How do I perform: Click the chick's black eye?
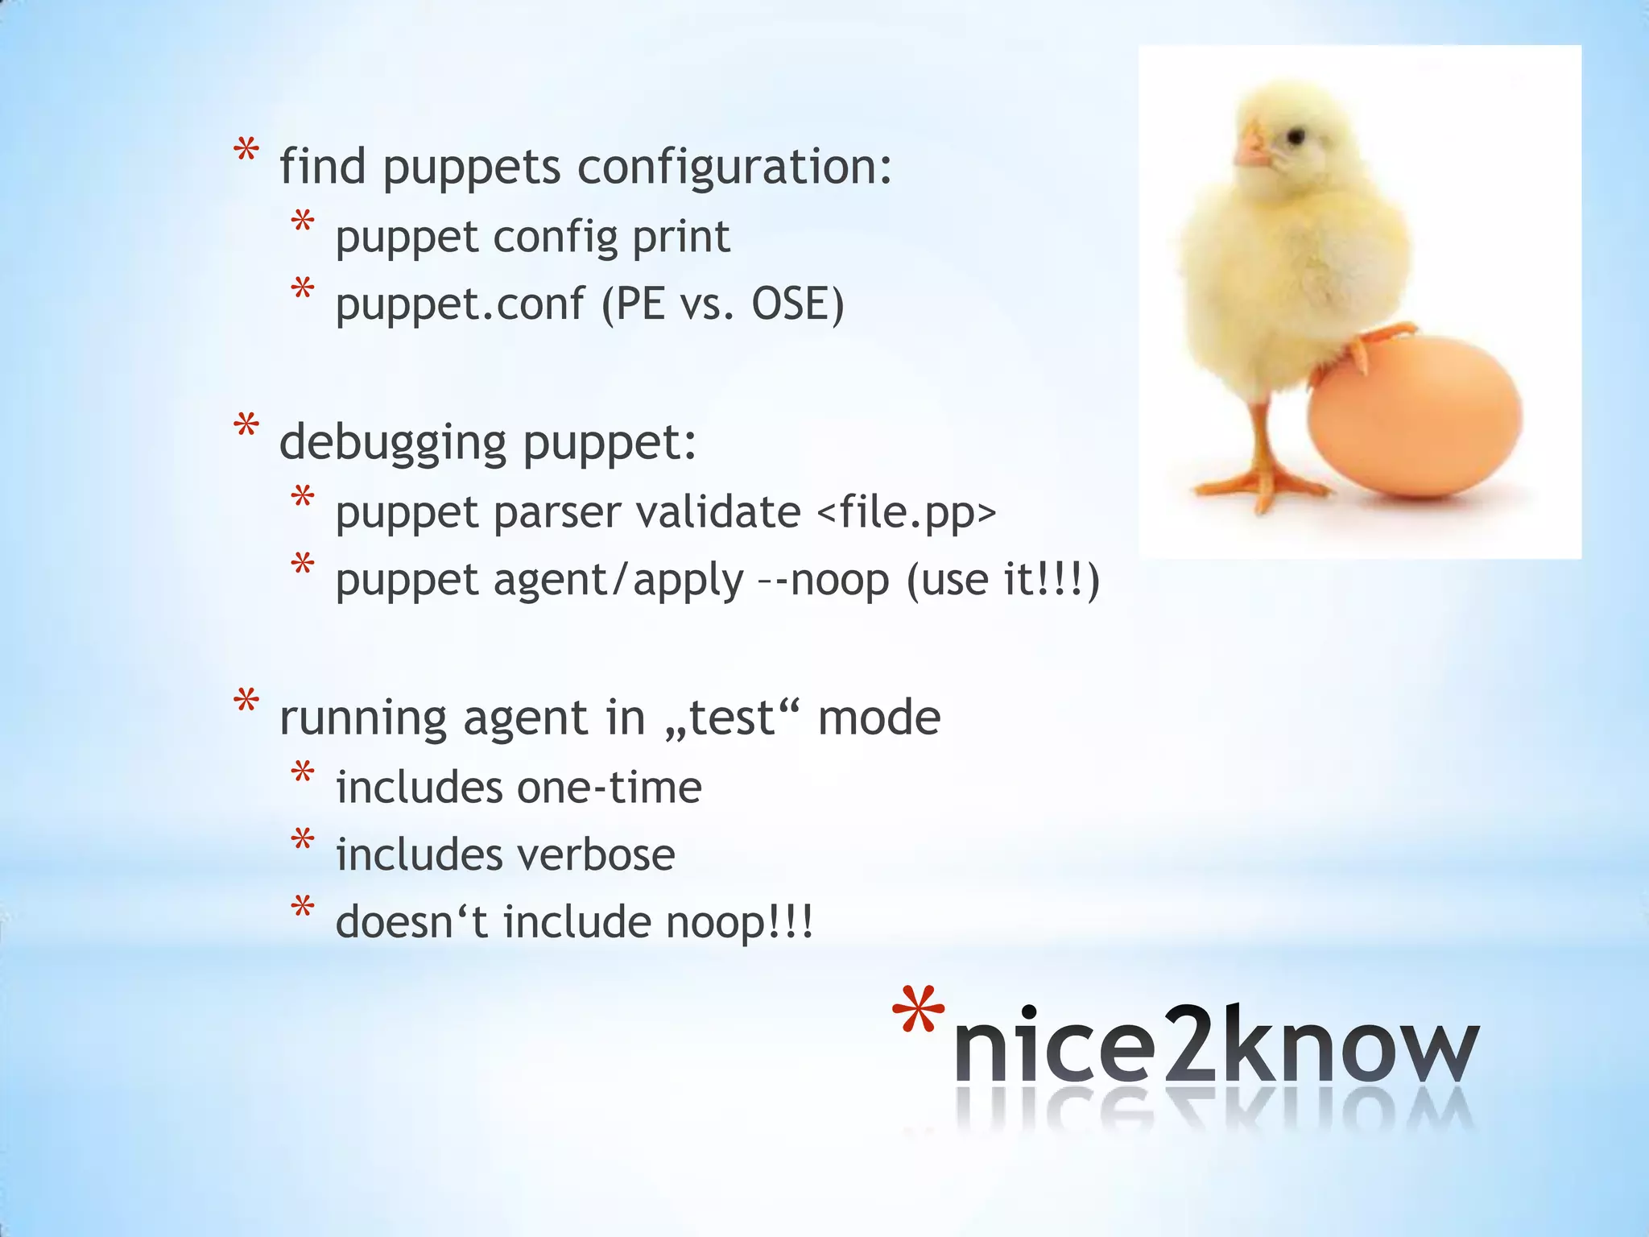(1294, 138)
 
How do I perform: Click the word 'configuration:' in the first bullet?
(734, 167)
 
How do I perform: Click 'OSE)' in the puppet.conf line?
(797, 304)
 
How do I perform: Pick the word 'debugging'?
(393, 442)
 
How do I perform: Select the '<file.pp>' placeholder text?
(907, 512)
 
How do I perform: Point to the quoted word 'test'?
(732, 718)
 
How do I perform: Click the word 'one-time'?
(610, 787)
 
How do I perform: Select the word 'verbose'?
(594, 854)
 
